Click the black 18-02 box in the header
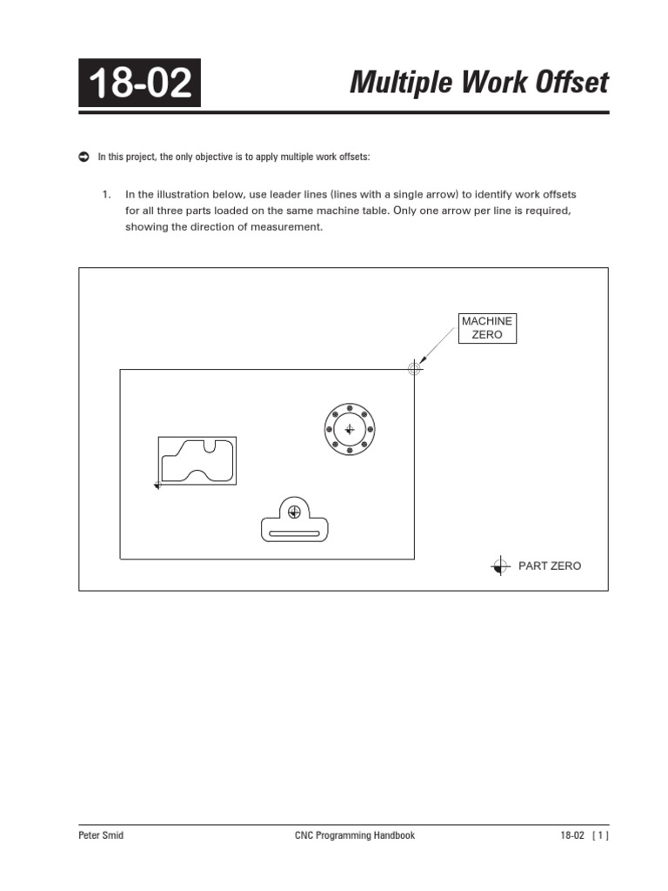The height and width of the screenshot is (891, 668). [139, 84]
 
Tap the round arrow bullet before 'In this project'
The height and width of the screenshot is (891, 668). [84, 157]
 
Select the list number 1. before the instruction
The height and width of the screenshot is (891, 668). [107, 194]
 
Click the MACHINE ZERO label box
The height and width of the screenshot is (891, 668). [487, 328]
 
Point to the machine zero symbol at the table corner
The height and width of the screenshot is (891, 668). [415, 369]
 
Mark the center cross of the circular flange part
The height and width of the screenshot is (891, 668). [349, 429]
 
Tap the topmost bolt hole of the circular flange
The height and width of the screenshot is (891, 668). [349, 407]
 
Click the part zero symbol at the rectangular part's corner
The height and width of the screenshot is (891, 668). [157, 485]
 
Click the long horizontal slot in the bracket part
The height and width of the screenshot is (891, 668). [295, 533]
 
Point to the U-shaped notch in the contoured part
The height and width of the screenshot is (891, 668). [209, 447]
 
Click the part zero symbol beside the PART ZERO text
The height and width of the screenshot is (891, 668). [499, 566]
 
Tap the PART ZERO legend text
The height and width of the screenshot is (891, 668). [550, 566]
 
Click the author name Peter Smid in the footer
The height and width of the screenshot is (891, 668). [100, 835]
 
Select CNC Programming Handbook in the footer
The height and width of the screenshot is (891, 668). [355, 835]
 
